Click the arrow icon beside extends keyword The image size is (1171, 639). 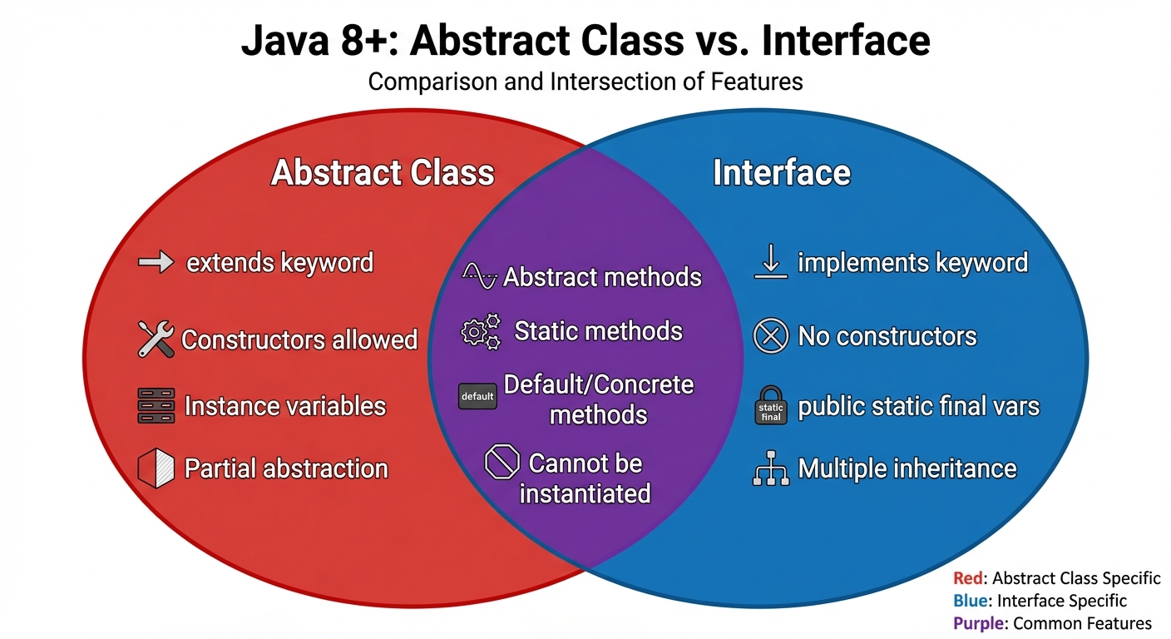pyautogui.click(x=156, y=263)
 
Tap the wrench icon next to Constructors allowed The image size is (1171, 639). pyautogui.click(x=156, y=339)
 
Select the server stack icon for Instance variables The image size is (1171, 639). pyautogui.click(x=156, y=406)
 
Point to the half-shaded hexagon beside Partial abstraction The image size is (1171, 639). pyautogui.click(x=156, y=468)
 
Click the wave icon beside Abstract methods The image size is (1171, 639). pyautogui.click(x=480, y=275)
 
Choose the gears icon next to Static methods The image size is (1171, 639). pyautogui.click(x=481, y=331)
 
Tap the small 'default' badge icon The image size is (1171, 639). pyautogui.click(x=477, y=396)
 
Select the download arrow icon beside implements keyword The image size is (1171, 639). pyautogui.click(x=770, y=263)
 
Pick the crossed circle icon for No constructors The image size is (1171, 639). pyautogui.click(x=770, y=336)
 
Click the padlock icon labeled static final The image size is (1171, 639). pyautogui.click(x=770, y=404)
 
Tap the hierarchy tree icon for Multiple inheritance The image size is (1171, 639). pyautogui.click(x=770, y=469)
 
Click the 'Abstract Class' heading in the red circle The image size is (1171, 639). pyautogui.click(x=383, y=173)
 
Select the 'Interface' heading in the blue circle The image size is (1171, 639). pyautogui.click(x=782, y=173)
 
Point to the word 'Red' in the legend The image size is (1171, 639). pyautogui.click(x=968, y=578)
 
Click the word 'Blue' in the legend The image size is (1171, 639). pyautogui.click(x=970, y=601)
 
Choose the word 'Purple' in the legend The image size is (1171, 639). pyautogui.click(x=976, y=623)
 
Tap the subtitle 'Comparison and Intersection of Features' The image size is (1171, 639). pyautogui.click(x=585, y=82)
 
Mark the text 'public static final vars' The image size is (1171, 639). pyautogui.click(x=919, y=406)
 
